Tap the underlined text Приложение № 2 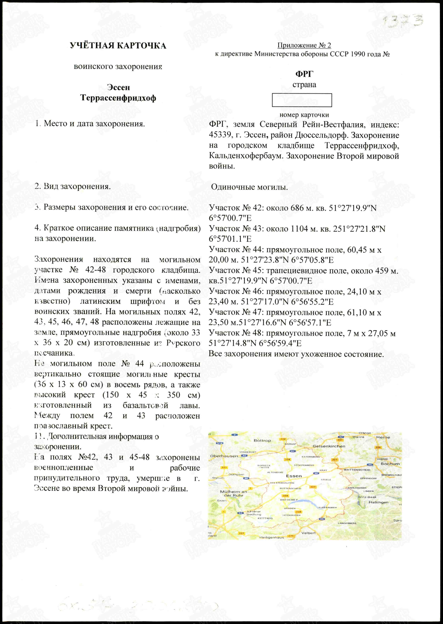coord(304,45)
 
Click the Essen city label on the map coord(294,476)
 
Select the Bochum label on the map coord(390,464)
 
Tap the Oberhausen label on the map coord(224,456)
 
